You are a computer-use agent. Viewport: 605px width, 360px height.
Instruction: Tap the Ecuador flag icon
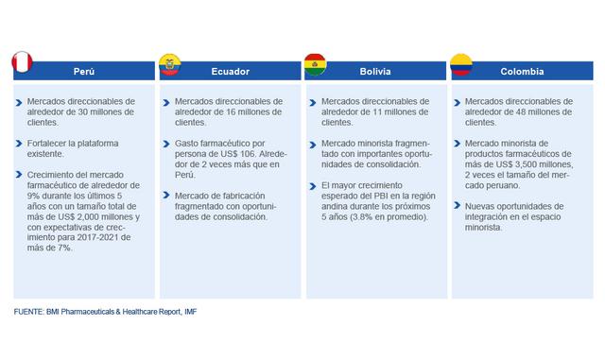[170, 65]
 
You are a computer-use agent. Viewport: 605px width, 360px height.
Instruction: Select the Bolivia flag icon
[315, 65]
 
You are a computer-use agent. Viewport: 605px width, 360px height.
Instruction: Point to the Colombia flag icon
[461, 65]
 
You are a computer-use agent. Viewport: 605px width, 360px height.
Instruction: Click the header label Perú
[84, 72]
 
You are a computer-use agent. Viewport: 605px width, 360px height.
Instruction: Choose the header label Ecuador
[230, 72]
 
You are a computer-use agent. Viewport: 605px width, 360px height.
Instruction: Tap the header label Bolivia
[375, 72]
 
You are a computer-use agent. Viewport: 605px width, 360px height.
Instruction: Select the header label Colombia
[521, 72]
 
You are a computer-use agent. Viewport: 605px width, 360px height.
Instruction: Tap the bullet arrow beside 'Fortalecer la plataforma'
[19, 143]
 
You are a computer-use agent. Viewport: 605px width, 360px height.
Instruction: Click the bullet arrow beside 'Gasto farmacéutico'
[164, 143]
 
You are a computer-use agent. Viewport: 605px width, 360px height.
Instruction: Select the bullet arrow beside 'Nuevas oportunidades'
[456, 205]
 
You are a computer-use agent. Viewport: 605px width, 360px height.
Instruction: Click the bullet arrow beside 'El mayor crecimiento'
[310, 185]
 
